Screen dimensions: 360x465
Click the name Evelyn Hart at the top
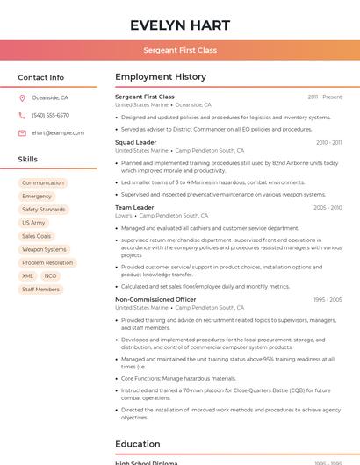pos(180,25)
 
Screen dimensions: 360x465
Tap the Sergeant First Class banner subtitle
pos(180,50)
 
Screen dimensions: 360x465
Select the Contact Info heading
pos(41,77)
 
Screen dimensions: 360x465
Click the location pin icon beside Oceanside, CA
pos(22,97)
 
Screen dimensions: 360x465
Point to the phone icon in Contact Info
pos(22,115)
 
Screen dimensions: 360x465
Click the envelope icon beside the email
pos(22,132)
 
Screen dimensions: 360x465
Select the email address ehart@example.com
pos(58,132)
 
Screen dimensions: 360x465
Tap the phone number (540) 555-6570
pos(50,115)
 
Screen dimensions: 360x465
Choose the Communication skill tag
pos(43,182)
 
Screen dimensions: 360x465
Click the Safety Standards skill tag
pos(44,210)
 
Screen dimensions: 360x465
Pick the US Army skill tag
pos(33,223)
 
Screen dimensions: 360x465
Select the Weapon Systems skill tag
pos(44,249)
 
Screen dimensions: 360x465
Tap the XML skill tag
pos(28,275)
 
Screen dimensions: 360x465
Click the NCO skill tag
pos(50,275)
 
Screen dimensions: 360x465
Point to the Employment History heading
pos(161,77)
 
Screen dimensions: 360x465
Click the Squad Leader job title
pos(136,142)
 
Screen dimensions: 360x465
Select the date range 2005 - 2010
pos(328,208)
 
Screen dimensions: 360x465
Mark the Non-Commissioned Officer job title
pos(155,299)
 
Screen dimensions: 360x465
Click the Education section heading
pos(138,444)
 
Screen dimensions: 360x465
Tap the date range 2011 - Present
pos(325,97)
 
